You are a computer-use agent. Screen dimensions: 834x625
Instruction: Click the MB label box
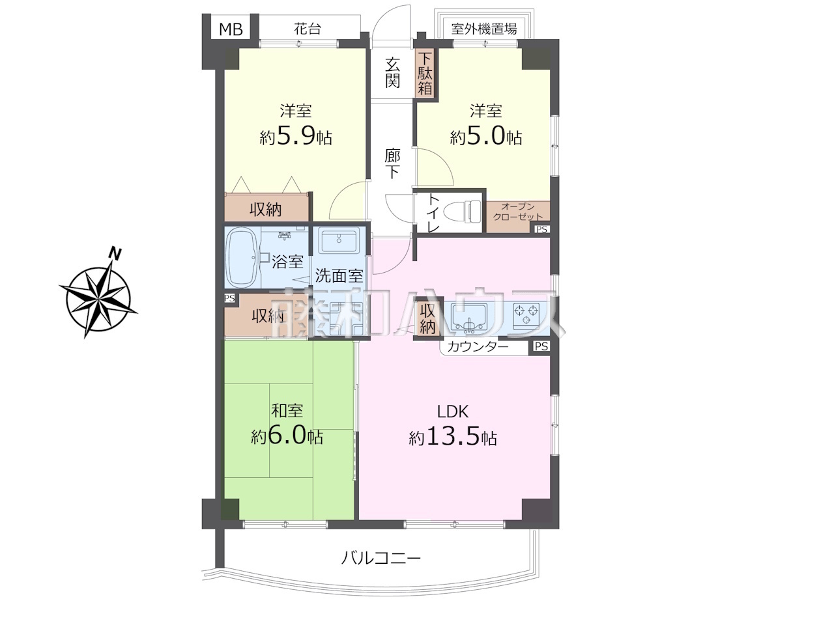pyautogui.click(x=231, y=29)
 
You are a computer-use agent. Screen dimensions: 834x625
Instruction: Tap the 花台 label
pyautogui.click(x=308, y=29)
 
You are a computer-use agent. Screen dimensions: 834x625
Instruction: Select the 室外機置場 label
pyautogui.click(x=483, y=29)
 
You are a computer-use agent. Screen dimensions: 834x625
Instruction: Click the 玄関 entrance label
pyautogui.click(x=392, y=72)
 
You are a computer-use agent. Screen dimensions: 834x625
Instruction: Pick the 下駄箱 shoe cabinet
pyautogui.click(x=425, y=74)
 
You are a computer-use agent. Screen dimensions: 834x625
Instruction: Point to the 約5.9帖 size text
pyautogui.click(x=296, y=137)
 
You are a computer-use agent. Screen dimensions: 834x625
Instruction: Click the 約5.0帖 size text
pyautogui.click(x=486, y=137)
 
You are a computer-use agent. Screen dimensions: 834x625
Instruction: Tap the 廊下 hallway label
pyautogui.click(x=392, y=163)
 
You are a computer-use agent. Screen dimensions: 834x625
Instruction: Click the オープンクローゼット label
pyautogui.click(x=517, y=212)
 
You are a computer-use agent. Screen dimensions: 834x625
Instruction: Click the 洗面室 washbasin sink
pyautogui.click(x=339, y=240)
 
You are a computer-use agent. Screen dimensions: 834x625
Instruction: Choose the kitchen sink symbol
pyautogui.click(x=469, y=316)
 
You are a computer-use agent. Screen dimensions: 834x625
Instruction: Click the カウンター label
pyautogui.click(x=478, y=347)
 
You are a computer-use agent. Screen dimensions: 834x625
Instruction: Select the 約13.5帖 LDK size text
pyautogui.click(x=453, y=438)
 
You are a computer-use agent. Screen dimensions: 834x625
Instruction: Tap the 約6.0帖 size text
pyautogui.click(x=287, y=437)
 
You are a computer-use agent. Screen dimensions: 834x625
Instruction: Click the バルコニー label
pyautogui.click(x=381, y=558)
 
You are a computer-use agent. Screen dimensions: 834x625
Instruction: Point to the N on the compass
pyautogui.click(x=115, y=253)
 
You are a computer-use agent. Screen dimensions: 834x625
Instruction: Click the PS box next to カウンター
pyautogui.click(x=541, y=346)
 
